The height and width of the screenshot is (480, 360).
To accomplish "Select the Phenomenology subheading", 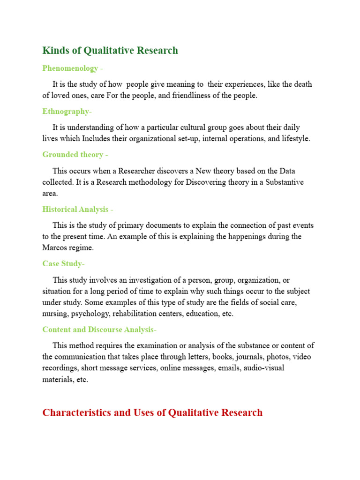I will click(x=70, y=68).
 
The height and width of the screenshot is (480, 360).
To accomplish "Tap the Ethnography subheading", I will click(x=66, y=112).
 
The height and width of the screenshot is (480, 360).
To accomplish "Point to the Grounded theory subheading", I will click(x=73, y=155).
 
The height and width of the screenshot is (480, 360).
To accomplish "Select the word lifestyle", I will click(x=294, y=139).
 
